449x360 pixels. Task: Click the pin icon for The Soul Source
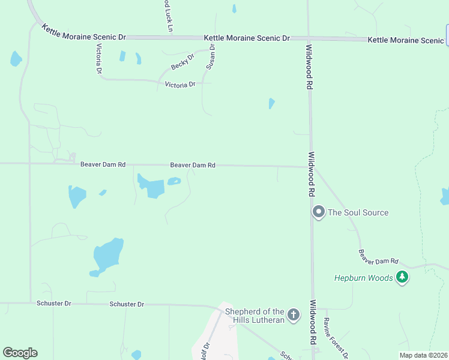tap(318, 212)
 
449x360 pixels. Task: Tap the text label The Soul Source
tap(358, 212)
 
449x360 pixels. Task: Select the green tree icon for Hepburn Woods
tap(402, 277)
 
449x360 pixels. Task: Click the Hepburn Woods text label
tap(364, 278)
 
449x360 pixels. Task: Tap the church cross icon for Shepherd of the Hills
tap(293, 314)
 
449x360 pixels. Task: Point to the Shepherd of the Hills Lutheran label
tap(255, 316)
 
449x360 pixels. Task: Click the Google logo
tap(20, 353)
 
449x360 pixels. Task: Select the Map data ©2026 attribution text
tap(423, 355)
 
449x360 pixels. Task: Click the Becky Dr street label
tap(183, 61)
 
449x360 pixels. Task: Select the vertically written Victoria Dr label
tap(99, 58)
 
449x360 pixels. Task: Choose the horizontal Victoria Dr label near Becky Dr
tap(180, 85)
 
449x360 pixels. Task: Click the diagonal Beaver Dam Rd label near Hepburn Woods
tap(379, 257)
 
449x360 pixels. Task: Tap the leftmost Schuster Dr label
tap(54, 304)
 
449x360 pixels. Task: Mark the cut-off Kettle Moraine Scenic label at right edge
tap(405, 40)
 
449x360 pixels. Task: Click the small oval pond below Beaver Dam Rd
tap(173, 181)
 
